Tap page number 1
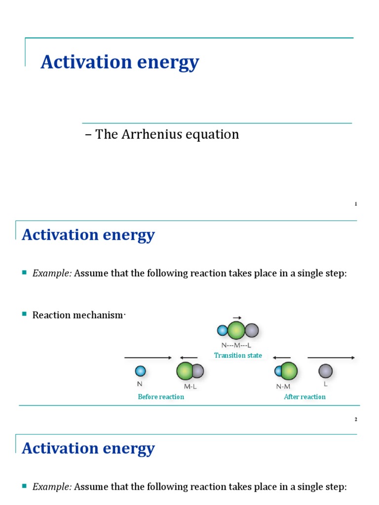pyautogui.click(x=355, y=204)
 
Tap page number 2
pyautogui.click(x=355, y=420)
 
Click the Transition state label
pyautogui.click(x=238, y=356)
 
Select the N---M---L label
pyautogui.click(x=236, y=346)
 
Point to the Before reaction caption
pyautogui.click(x=161, y=397)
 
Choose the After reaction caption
pyautogui.click(x=304, y=397)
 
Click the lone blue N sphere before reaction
pyautogui.click(x=140, y=370)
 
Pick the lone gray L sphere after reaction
pyautogui.click(x=325, y=371)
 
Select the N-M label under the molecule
pyautogui.click(x=283, y=387)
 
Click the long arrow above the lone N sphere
pyautogui.click(x=148, y=358)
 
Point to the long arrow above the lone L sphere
pyautogui.click(x=331, y=358)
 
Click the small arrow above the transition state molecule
pyautogui.click(x=237, y=318)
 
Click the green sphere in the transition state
pyautogui.click(x=236, y=330)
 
